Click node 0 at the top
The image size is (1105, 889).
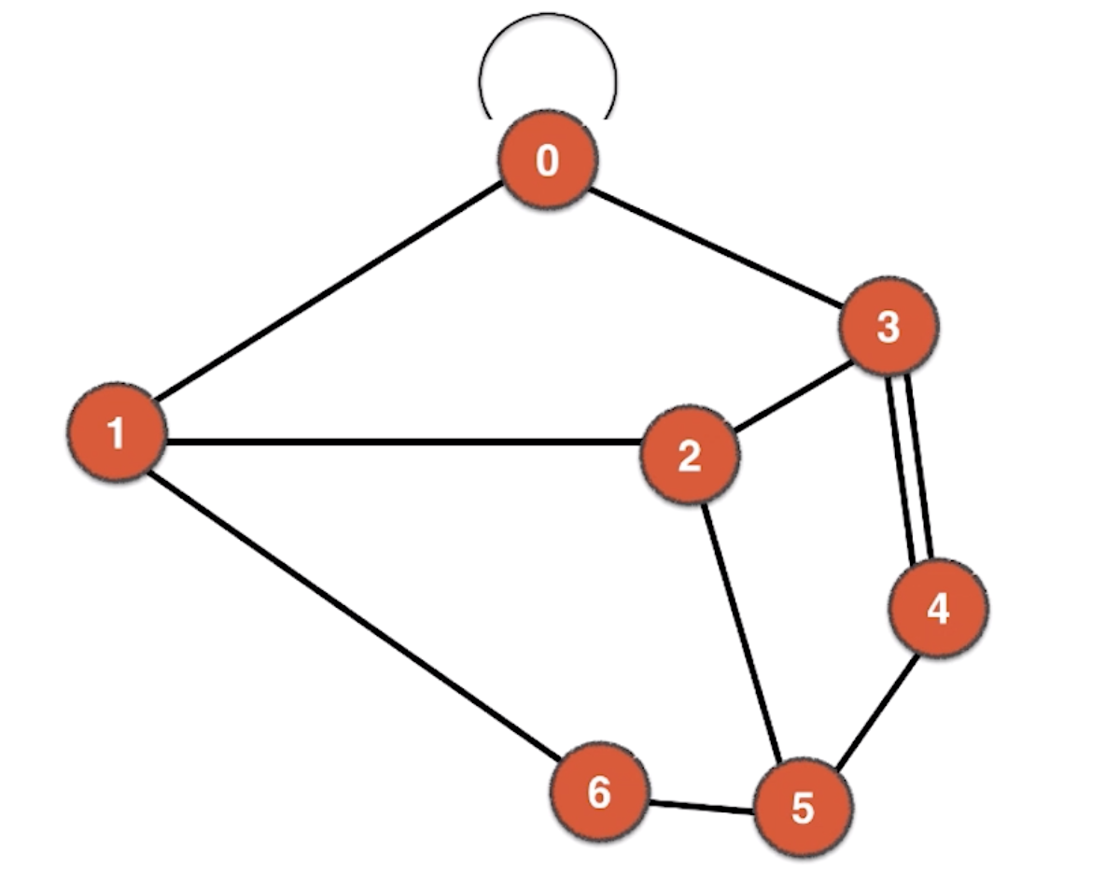(548, 162)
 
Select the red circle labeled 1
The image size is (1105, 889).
(118, 432)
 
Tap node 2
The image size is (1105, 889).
(690, 457)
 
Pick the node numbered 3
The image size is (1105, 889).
(888, 326)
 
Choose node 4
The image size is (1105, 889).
(938, 609)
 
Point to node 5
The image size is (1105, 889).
(803, 807)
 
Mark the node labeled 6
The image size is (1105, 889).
(598, 793)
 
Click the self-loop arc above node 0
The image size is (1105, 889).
(548, 16)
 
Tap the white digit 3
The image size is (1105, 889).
(888, 327)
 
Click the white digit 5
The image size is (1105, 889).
(803, 808)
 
